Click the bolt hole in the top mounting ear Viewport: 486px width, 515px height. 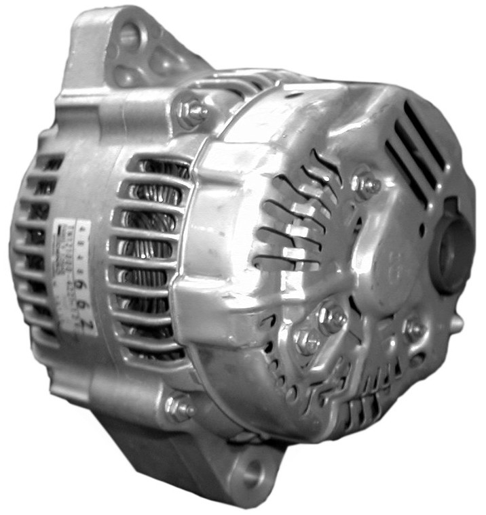pos(128,35)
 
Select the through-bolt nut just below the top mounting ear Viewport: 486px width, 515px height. pos(191,111)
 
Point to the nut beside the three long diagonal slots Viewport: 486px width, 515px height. pos(366,185)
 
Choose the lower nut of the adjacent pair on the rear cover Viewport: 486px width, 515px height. pos(307,342)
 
